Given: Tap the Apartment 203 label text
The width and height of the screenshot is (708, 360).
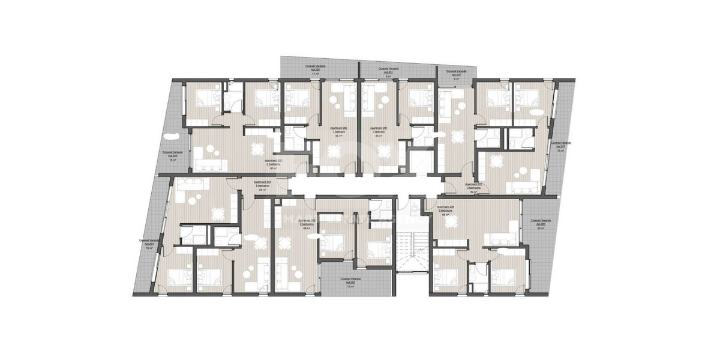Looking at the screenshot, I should coord(274,164).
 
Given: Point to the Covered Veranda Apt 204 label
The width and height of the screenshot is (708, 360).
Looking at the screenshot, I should coord(147,243).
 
